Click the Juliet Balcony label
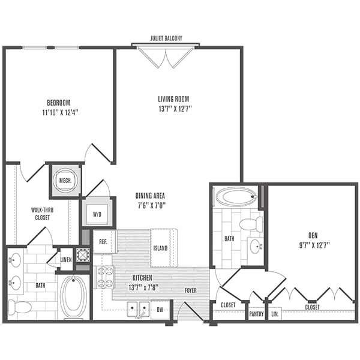[166, 38]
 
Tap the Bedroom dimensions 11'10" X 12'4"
[61, 113]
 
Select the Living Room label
[173, 99]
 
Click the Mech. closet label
[65, 181]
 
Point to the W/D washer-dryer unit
[97, 214]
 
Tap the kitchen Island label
[160, 248]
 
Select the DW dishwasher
[160, 310]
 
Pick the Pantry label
[256, 314]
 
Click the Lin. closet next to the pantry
[275, 314]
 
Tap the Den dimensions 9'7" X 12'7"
[314, 245]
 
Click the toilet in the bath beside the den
[251, 224]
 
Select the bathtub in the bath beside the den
[235, 197]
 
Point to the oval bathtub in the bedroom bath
[73, 296]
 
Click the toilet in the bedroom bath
[20, 306]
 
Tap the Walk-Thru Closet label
[42, 214]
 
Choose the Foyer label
[191, 290]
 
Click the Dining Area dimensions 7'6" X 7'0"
[152, 205]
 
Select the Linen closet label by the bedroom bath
[66, 260]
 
